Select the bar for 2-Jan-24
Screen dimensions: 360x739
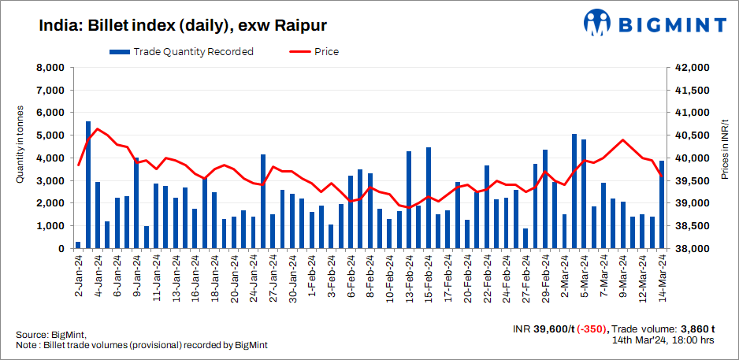(x=78, y=245)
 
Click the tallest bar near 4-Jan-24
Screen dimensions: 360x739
(x=87, y=185)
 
